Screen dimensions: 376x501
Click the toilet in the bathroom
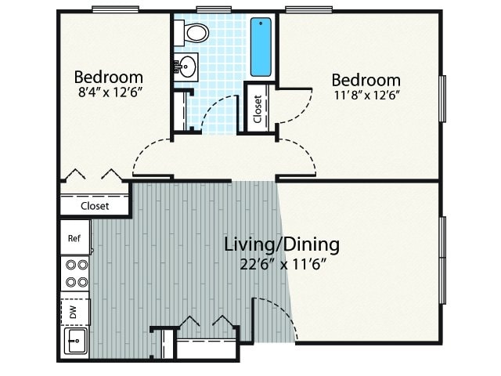(194, 33)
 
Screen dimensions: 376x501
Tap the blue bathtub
(261, 47)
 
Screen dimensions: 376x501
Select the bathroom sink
(187, 66)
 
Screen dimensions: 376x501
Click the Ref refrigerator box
(75, 237)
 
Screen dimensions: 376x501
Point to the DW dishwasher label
(74, 312)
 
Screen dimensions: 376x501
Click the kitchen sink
(76, 342)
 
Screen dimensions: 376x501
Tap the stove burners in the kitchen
(76, 273)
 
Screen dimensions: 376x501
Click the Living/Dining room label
(282, 244)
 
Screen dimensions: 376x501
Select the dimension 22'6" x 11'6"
(283, 264)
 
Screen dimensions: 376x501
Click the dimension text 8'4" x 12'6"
(109, 94)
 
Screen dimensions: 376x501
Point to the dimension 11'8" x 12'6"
(366, 96)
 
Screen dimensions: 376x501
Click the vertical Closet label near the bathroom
(258, 110)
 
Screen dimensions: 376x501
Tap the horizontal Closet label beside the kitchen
(95, 206)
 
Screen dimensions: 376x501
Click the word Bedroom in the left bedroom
(108, 77)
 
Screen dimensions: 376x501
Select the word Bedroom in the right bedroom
(366, 80)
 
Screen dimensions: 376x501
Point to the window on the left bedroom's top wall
(115, 9)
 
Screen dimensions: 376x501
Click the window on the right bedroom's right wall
(442, 98)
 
